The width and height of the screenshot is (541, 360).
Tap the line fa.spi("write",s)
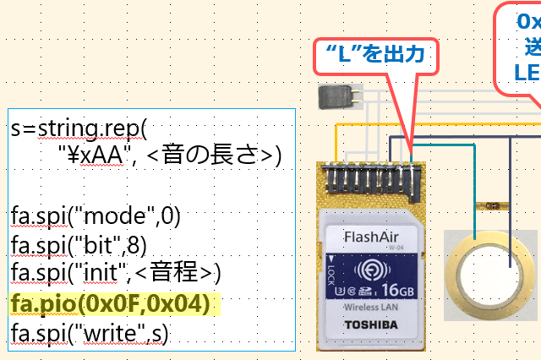coord(90,332)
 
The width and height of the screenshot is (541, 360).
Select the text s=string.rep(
coord(79,129)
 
